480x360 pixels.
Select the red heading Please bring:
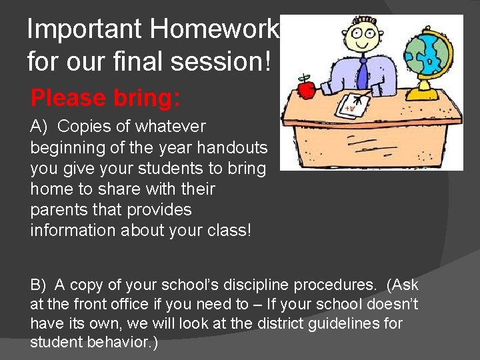[x=105, y=98]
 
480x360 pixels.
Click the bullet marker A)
[x=40, y=127]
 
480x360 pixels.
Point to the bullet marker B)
[x=40, y=285]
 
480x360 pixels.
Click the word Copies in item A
[x=80, y=127]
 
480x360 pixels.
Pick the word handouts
[x=237, y=147]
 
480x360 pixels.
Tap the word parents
[x=56, y=210]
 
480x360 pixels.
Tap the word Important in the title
[x=84, y=30]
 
